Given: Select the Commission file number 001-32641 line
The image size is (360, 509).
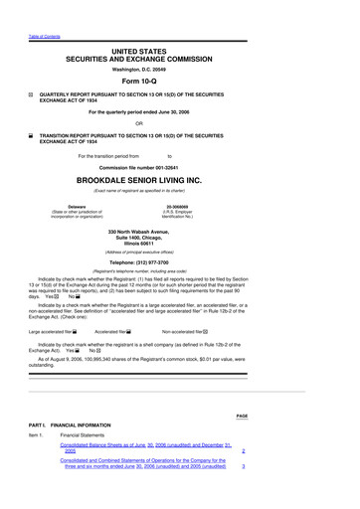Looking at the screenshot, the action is [180, 166].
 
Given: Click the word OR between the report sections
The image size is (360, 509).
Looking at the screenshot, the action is [180, 122].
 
